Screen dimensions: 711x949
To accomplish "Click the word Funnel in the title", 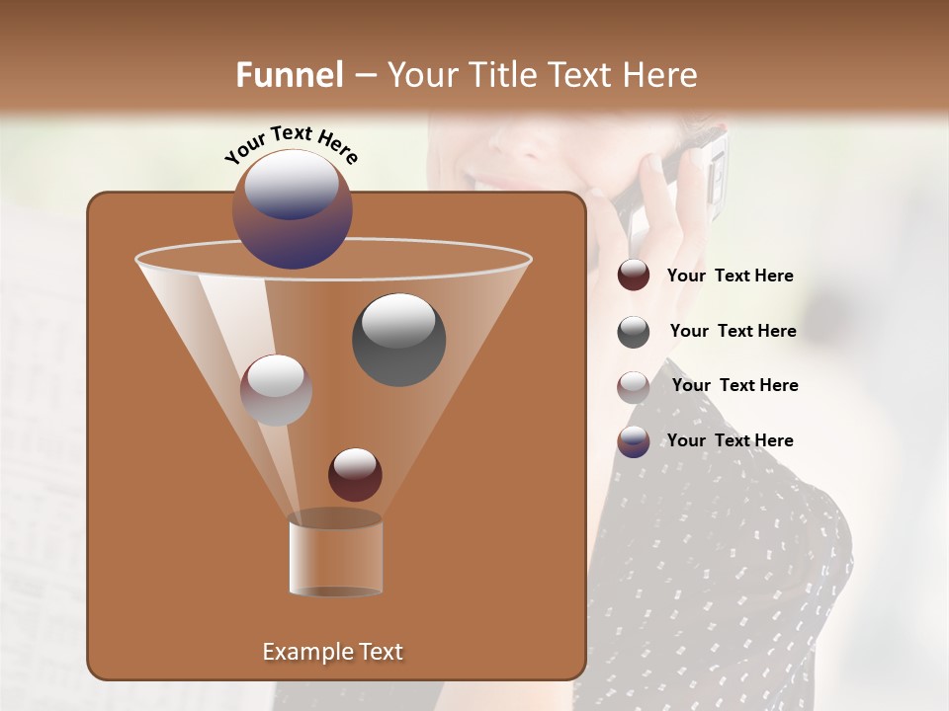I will pos(290,75).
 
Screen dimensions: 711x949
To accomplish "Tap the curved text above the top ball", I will pos(292,145).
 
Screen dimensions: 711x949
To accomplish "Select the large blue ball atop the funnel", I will pos(292,209).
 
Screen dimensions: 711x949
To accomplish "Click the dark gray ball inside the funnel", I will pos(398,339).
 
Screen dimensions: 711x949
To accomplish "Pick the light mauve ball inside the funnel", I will pos(276,390).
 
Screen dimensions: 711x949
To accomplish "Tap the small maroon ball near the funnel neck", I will pos(355,474).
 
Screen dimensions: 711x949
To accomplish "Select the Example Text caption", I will pos(332,652).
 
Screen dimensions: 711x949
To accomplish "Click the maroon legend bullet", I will pos(634,276).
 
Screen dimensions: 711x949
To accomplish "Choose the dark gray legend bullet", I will pos(634,332).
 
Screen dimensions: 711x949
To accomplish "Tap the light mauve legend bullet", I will pos(634,387).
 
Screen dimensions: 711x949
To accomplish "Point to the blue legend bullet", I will pos(634,441).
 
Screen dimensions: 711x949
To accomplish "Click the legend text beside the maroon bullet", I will pos(730,276).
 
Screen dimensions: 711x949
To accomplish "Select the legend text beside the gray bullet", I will pos(733,331).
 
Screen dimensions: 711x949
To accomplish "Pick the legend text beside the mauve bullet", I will pos(734,385).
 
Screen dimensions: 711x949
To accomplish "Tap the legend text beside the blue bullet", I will pos(730,440).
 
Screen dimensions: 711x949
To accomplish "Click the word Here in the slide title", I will pos(659,75).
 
